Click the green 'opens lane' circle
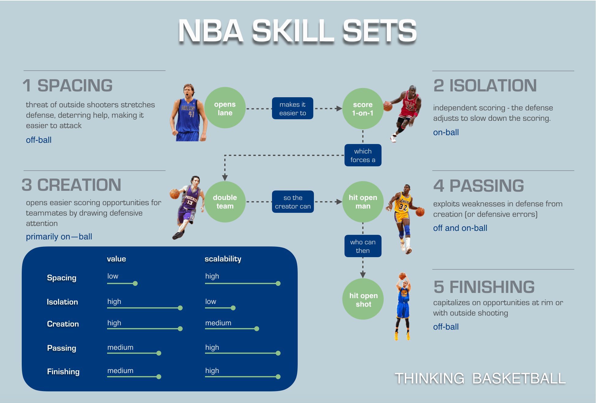[225, 108]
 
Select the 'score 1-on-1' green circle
[363, 109]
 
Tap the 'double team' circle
[225, 202]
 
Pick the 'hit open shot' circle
[363, 299]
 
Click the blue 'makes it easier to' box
[292, 109]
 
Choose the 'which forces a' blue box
[363, 155]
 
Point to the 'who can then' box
[363, 246]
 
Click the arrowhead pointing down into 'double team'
[225, 178]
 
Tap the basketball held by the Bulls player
[388, 106]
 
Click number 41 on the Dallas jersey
[192, 114]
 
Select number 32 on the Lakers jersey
[403, 208]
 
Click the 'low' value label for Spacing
[113, 276]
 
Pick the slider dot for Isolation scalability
[233, 308]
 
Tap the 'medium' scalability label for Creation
[218, 323]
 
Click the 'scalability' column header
[223, 259]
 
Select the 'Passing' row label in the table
[61, 348]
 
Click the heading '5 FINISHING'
[484, 287]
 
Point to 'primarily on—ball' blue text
[59, 237]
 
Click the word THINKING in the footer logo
[429, 379]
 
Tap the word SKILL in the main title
[293, 31]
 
